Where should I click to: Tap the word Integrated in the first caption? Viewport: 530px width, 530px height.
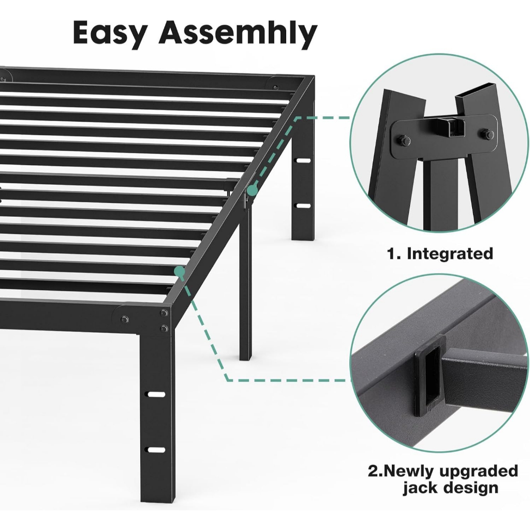coord(450,254)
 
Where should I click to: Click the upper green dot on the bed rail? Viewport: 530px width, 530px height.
coord(252,190)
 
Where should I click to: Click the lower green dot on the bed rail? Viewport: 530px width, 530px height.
coord(180,271)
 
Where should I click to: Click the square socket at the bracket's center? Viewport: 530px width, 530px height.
coord(451,128)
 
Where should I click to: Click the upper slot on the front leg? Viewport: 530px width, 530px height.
coord(156,394)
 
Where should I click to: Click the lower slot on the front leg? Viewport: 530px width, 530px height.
coord(156,450)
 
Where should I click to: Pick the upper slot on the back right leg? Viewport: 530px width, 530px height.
coord(303,160)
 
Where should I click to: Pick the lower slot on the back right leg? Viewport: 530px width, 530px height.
coord(303,205)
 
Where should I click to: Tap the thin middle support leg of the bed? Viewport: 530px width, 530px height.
coord(245,284)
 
